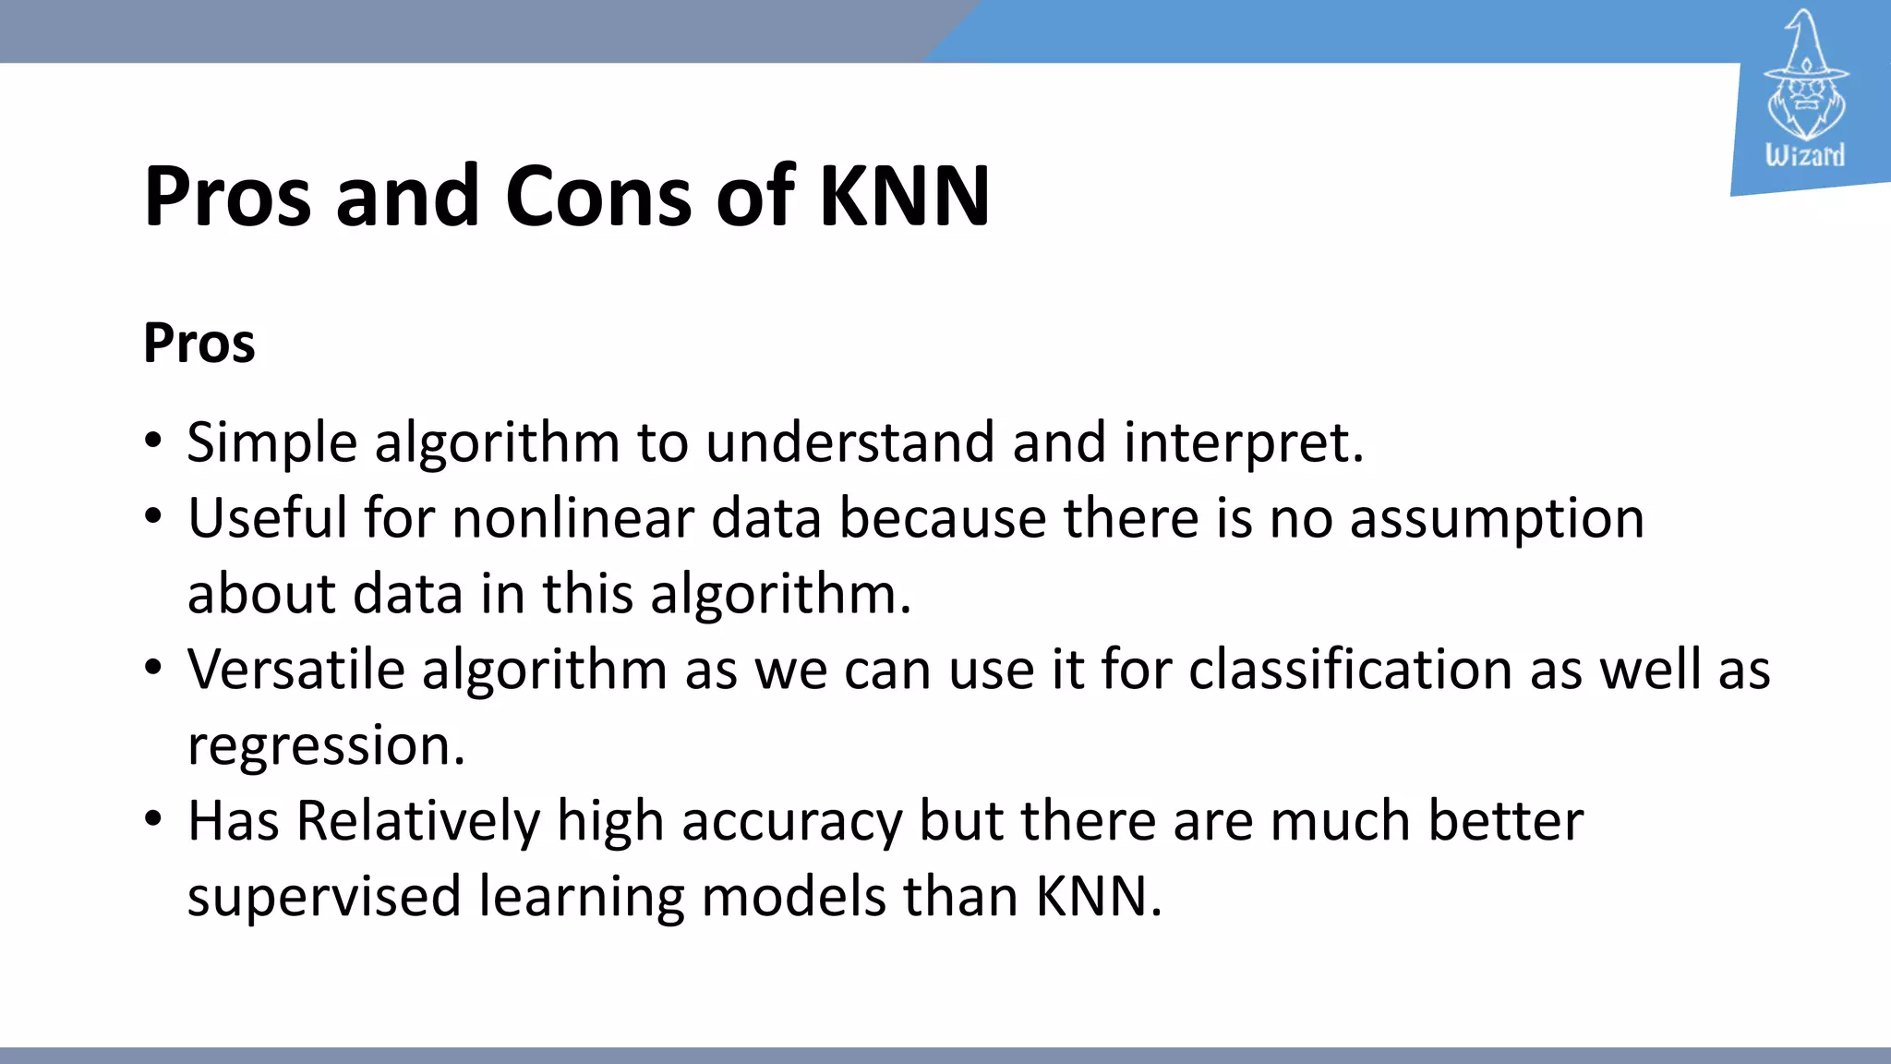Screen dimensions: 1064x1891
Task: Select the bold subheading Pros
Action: (x=199, y=344)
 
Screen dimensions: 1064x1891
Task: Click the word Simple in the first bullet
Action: (x=271, y=442)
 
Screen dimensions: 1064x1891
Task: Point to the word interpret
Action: (x=1242, y=442)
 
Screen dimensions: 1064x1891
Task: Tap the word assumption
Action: (x=1496, y=520)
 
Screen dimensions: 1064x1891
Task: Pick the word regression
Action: (x=325, y=746)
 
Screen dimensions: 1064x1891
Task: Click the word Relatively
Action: (x=417, y=821)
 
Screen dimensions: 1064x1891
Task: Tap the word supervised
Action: (x=323, y=897)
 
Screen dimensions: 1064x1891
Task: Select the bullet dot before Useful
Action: (x=153, y=515)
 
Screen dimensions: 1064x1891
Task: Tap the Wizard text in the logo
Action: (x=1804, y=155)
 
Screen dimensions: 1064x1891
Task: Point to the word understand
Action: (x=849, y=442)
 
